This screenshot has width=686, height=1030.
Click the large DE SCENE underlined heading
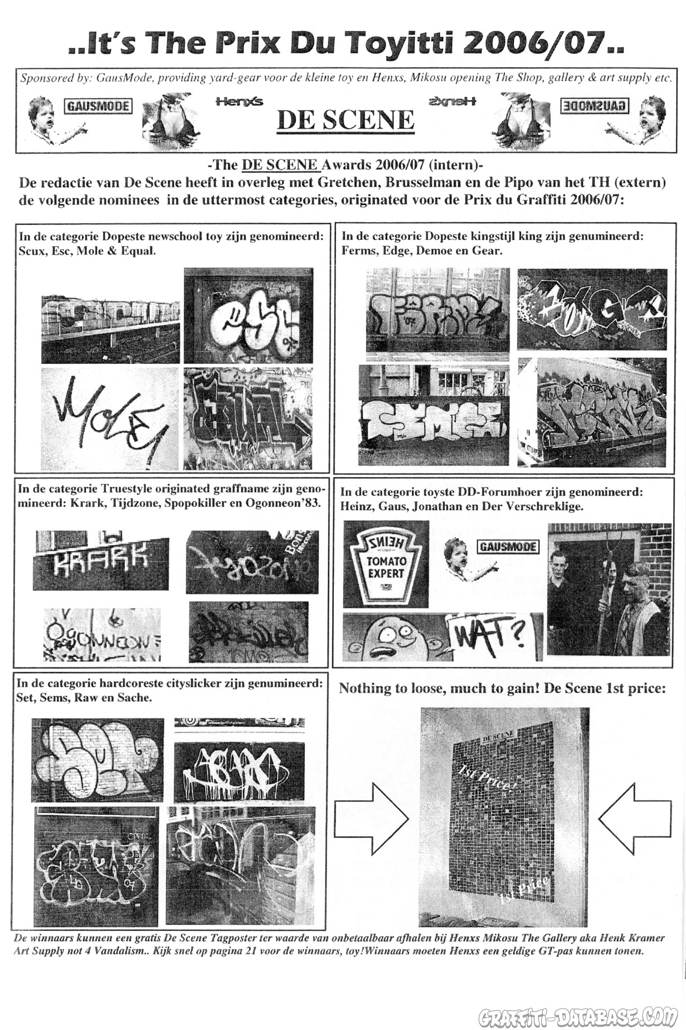345,120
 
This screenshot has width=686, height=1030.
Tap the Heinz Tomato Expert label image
386,564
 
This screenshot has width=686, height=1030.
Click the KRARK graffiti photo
101,561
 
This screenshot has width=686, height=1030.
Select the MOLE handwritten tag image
110,418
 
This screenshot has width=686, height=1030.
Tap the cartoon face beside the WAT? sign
394,637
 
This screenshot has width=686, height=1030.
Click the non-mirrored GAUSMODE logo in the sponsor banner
98,105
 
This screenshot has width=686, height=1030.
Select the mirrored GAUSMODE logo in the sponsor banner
594,105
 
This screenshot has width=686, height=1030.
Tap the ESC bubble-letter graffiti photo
249,315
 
